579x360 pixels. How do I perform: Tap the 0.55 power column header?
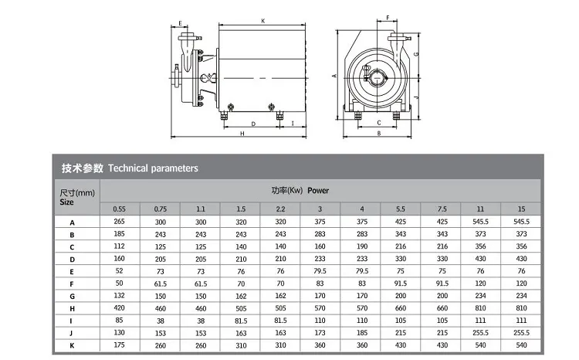120,209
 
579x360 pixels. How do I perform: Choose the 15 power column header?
521,209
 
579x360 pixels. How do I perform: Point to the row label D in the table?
71,259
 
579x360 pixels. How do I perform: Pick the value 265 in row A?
120,222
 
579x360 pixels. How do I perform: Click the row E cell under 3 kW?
320,271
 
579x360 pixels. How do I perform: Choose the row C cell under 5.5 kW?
401,246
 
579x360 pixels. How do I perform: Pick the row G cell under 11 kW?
481,294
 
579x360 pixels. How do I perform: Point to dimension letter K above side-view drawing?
263,21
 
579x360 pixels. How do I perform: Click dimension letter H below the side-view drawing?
242,134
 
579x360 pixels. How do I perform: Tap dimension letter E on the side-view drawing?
180,23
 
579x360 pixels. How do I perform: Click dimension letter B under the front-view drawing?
378,134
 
